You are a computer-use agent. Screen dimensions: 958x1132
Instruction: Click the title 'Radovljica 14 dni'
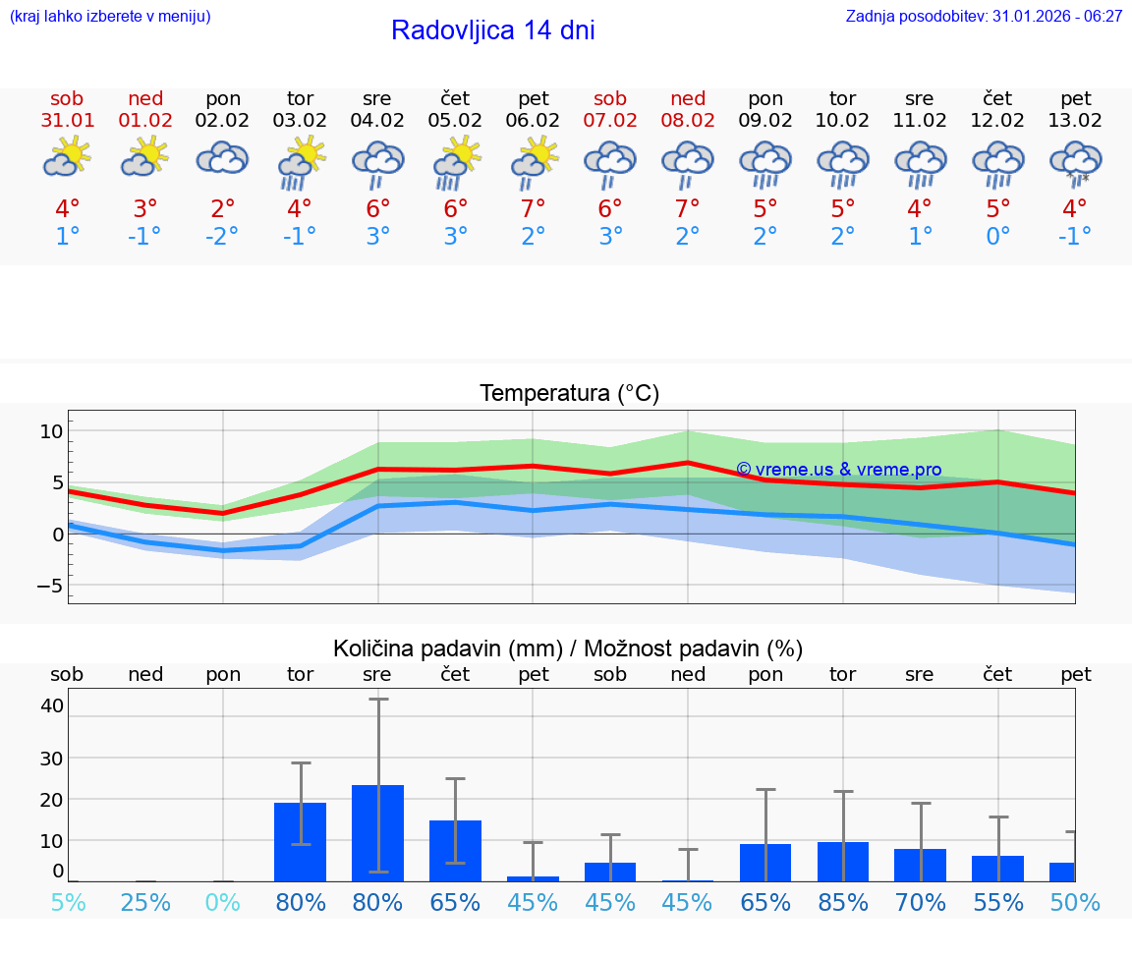point(492,30)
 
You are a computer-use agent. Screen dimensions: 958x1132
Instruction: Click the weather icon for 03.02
point(300,162)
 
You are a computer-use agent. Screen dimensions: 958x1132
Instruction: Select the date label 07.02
point(610,121)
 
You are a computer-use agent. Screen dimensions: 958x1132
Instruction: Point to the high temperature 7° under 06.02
point(533,208)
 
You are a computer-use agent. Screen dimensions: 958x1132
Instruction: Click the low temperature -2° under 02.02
point(223,237)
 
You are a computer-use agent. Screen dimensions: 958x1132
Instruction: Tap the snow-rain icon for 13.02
point(1076,162)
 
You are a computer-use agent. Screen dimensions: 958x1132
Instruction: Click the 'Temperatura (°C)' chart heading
point(569,394)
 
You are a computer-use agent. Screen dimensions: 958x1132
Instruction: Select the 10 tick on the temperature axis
point(51,430)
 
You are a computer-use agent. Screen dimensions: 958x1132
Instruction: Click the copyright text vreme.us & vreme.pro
point(839,470)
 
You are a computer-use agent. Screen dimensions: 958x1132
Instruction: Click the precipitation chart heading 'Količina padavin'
point(568,648)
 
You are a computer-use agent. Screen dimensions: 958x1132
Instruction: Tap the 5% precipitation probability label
point(68,902)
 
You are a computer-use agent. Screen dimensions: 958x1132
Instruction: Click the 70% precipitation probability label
point(921,902)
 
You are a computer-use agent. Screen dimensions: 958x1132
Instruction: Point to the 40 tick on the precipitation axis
point(52,705)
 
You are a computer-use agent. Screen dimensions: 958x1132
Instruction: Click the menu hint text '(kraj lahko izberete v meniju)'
point(110,17)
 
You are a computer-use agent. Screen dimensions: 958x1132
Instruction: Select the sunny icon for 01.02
point(145,157)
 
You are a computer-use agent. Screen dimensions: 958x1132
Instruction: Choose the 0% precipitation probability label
point(223,902)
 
